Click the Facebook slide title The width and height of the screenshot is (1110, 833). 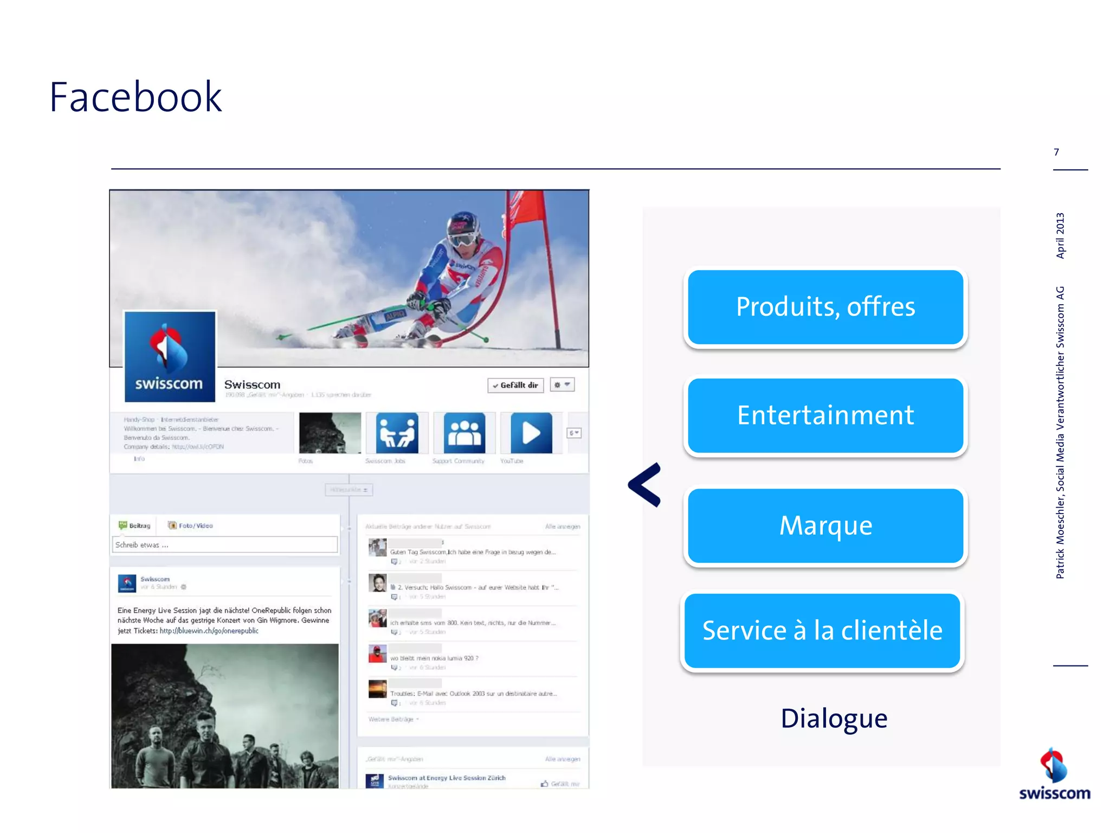[135, 97]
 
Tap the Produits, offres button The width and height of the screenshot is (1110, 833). [825, 307]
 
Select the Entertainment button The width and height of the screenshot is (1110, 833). [825, 415]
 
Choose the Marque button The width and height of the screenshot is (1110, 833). [825, 526]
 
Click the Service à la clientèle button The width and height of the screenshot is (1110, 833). [822, 631]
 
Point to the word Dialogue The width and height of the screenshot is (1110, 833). [834, 719]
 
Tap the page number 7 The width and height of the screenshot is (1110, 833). [1056, 152]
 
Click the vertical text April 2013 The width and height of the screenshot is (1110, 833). [1060, 235]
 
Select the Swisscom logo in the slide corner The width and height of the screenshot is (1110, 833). [1054, 775]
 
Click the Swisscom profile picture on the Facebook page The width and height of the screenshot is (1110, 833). [170, 357]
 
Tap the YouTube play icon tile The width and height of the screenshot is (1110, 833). [531, 433]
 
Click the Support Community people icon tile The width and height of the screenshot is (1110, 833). [464, 433]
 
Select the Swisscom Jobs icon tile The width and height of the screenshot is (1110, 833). [397, 433]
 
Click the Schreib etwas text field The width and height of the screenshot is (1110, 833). [224, 544]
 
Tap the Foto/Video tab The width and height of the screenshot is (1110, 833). [191, 526]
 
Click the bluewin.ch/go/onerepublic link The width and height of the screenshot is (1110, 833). [209, 631]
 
